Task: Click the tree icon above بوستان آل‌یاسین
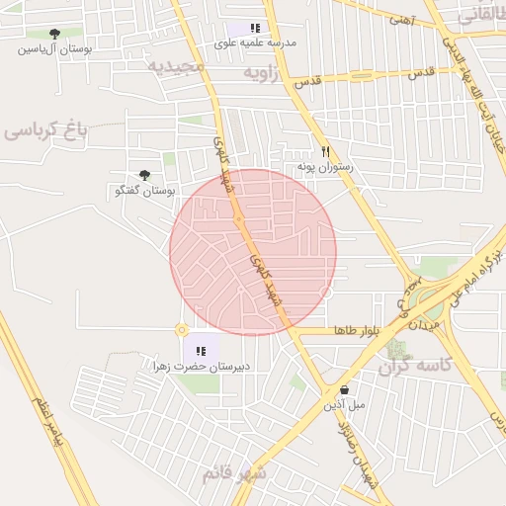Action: click(53, 33)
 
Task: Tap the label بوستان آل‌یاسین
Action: click(54, 47)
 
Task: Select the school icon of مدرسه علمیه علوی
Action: click(255, 29)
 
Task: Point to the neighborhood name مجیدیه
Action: click(175, 66)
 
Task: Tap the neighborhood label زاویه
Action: click(270, 73)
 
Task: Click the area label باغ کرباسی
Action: click(45, 129)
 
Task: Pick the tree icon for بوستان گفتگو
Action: click(145, 175)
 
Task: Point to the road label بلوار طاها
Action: click(357, 329)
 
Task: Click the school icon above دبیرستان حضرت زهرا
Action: click(201, 351)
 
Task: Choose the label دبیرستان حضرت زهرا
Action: click(201, 367)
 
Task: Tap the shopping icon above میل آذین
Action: click(344, 390)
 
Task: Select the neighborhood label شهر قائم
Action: click(235, 473)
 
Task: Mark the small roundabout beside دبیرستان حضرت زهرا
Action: click(181, 330)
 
